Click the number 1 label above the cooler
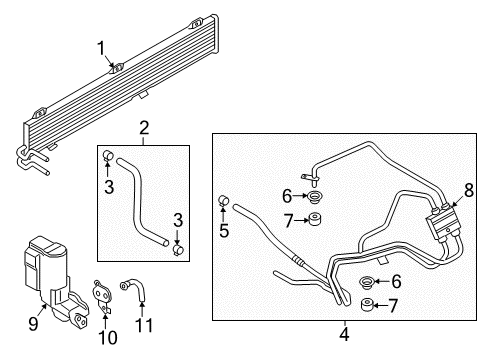tap(101, 47)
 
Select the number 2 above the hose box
tap(144, 127)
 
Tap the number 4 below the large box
tap(344, 334)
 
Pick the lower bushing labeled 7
tap(367, 304)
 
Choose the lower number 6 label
tap(397, 283)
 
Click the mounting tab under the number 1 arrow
tap(115, 69)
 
